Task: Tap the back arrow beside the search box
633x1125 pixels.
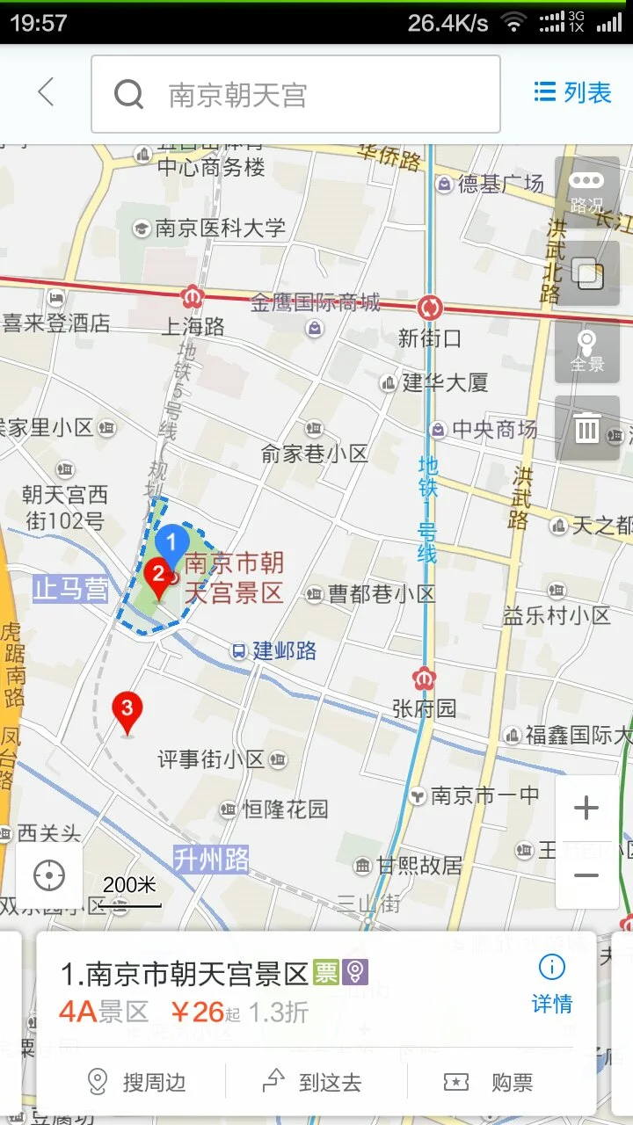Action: click(46, 92)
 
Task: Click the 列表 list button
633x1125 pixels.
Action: click(572, 92)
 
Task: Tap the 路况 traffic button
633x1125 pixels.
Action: click(586, 192)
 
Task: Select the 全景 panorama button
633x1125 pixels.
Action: click(586, 351)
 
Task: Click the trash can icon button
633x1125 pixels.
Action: click(586, 429)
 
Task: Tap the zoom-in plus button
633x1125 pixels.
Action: click(586, 809)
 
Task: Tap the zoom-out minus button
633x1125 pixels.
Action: click(586, 875)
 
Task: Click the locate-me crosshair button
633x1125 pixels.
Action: click(49, 875)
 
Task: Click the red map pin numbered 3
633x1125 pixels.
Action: click(127, 710)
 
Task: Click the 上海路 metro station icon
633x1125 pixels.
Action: click(193, 296)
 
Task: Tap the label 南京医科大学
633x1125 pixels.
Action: click(220, 229)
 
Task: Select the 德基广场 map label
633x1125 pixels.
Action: click(500, 184)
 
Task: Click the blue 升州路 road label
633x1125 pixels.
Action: click(211, 859)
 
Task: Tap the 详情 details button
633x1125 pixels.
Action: click(551, 984)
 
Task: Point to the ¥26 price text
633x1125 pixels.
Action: click(199, 1012)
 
